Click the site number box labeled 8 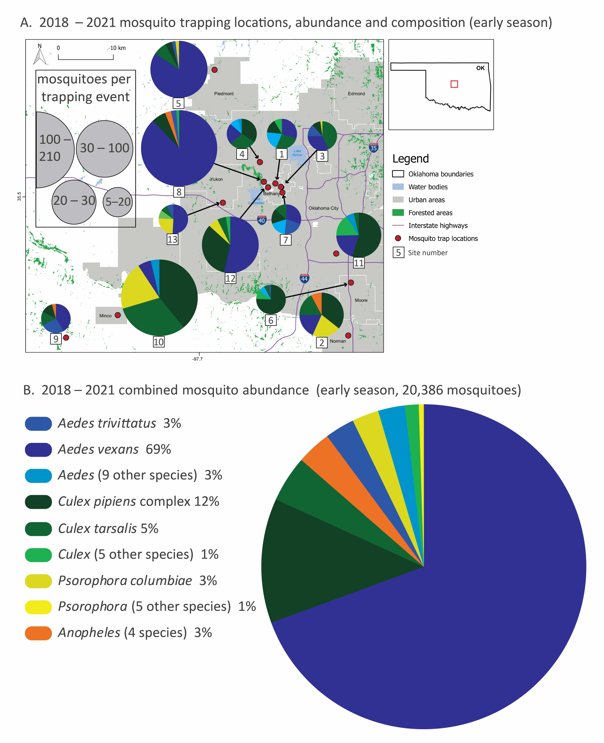coord(179,192)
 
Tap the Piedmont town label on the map coord(224,94)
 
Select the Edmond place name coord(356,94)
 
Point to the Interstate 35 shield coord(373,148)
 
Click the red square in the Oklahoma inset coord(454,84)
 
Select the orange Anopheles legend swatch coord(38,633)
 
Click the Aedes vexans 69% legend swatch coord(38,449)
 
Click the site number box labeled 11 coord(359,263)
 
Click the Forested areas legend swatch coord(398,213)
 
